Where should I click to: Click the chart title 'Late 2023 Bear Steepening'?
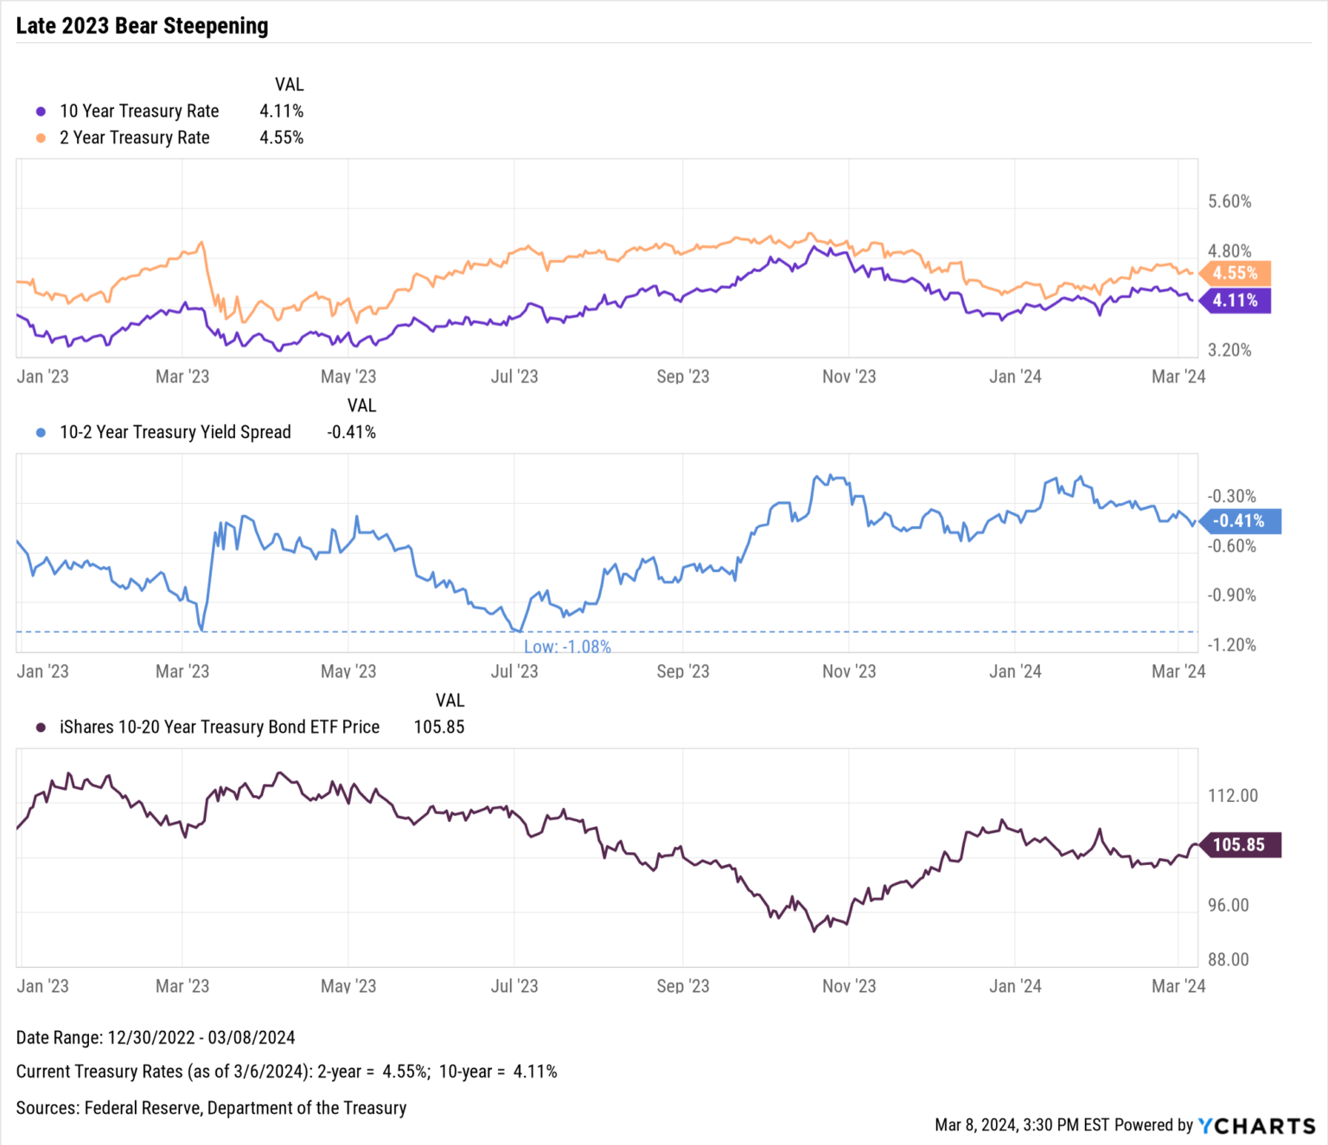click(142, 26)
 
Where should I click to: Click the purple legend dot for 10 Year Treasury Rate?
click(41, 111)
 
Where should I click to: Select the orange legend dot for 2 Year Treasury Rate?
click(41, 138)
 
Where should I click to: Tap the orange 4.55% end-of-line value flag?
click(1235, 273)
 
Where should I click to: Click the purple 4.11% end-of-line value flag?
click(1235, 301)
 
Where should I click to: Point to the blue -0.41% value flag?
click(1238, 521)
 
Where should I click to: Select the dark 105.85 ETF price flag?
click(1238, 845)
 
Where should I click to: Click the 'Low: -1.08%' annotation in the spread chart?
click(567, 646)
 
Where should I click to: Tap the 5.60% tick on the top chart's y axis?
click(1229, 201)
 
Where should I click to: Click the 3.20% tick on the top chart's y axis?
click(1229, 350)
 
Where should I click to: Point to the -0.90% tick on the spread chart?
click(1231, 595)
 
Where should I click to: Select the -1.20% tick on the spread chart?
click(1231, 645)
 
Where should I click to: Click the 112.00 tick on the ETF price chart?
click(1233, 796)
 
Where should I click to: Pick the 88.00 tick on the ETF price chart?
click(1229, 960)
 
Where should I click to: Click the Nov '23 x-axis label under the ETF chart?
click(848, 986)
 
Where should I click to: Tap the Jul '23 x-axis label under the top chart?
click(514, 377)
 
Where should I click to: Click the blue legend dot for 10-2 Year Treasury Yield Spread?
click(41, 433)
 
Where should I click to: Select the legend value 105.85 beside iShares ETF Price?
click(438, 728)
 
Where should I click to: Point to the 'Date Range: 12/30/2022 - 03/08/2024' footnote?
click(156, 1038)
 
